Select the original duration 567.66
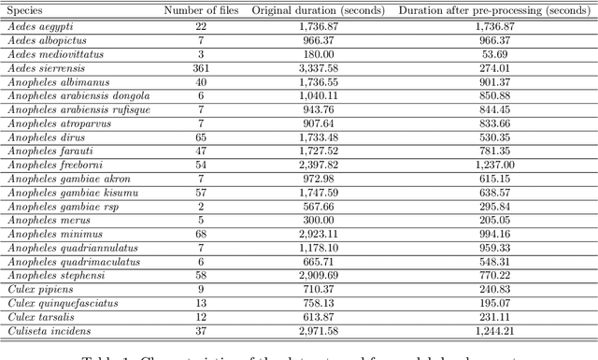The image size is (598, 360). (x=320, y=205)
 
